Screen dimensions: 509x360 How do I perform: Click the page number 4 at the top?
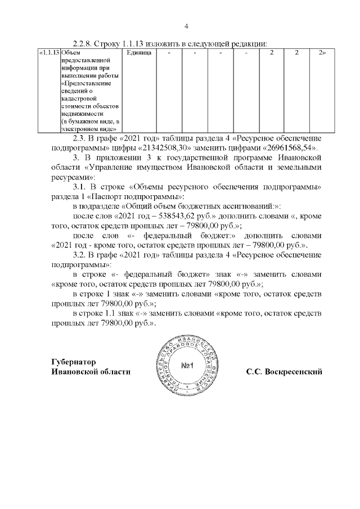[x=186, y=26]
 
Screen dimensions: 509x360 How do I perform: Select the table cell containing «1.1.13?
[x=48, y=52]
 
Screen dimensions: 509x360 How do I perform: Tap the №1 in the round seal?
[x=187, y=366]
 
